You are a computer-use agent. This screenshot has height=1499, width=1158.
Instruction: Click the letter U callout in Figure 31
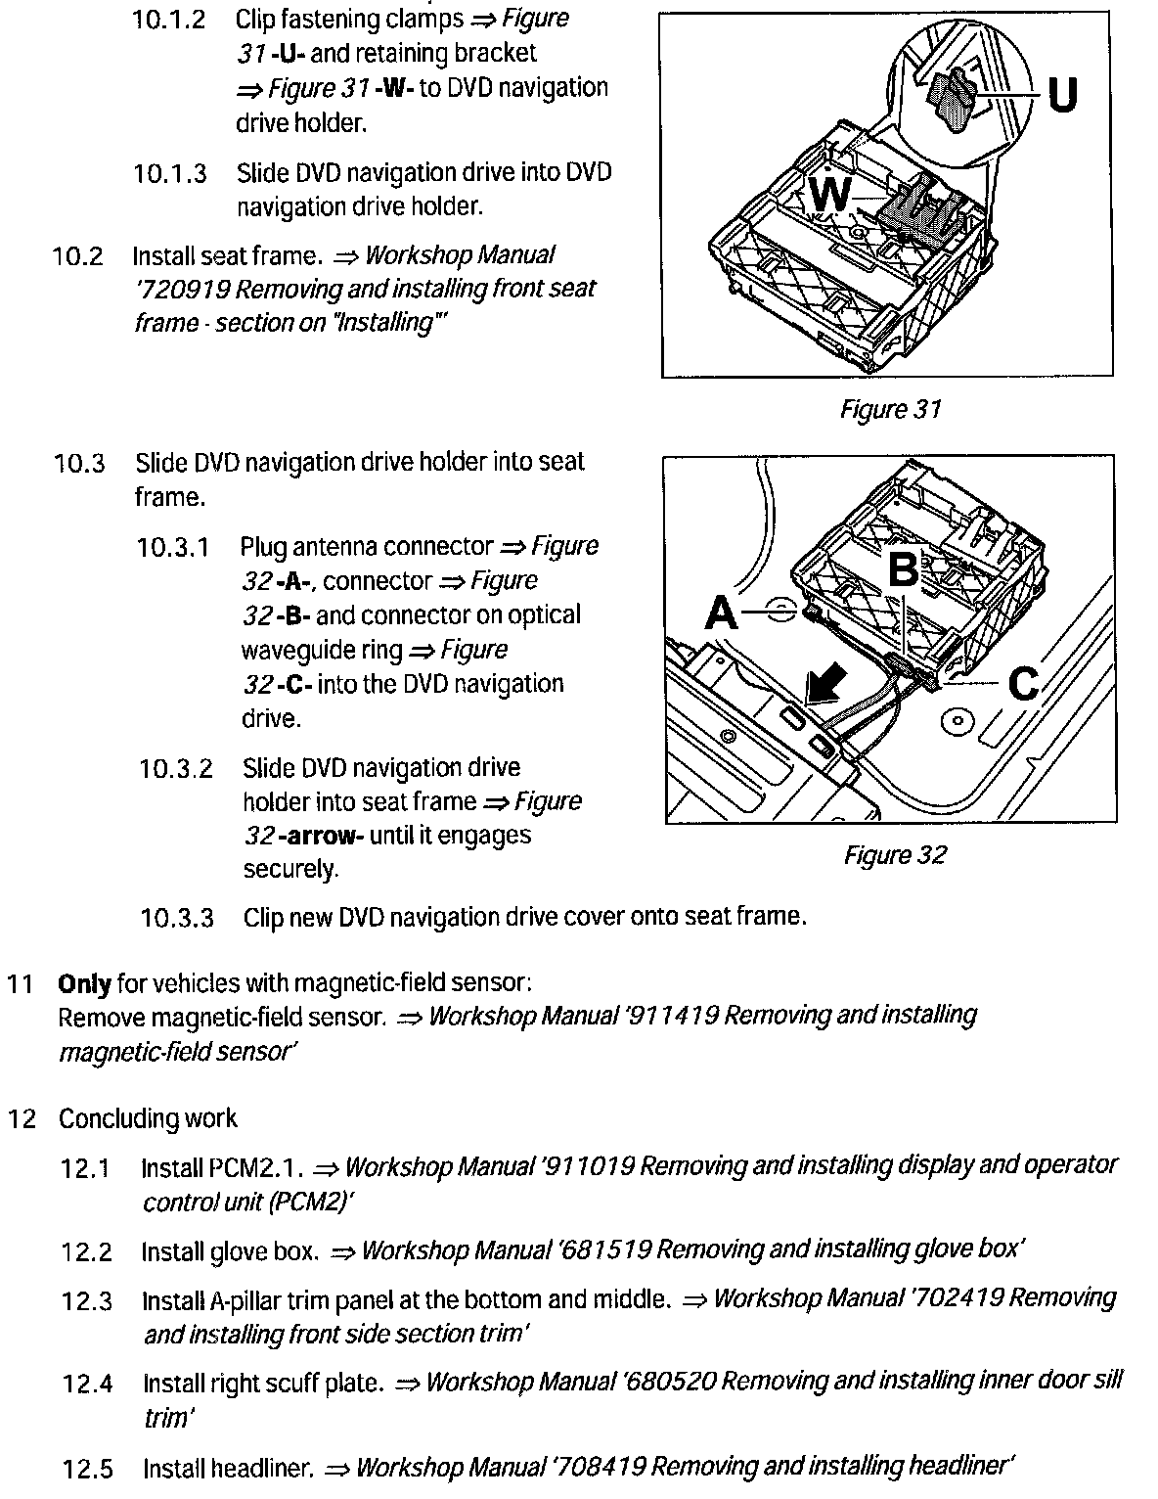click(x=1062, y=96)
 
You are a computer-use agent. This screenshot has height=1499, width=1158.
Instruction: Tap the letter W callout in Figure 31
click(x=829, y=196)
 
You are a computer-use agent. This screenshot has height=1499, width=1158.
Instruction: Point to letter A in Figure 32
click(x=721, y=613)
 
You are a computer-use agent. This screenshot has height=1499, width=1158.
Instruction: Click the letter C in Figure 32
click(x=1023, y=684)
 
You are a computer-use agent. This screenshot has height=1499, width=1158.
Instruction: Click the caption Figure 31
click(x=890, y=409)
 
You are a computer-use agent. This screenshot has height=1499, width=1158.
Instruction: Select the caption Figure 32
click(x=895, y=855)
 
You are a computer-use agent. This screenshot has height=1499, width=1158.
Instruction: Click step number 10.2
click(x=77, y=256)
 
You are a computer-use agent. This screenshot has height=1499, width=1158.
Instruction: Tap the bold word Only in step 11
click(x=84, y=982)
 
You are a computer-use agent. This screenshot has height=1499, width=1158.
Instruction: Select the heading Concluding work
click(x=148, y=1118)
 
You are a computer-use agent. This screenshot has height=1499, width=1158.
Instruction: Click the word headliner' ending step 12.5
click(x=962, y=1466)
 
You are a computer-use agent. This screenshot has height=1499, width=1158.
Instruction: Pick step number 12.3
click(x=87, y=1301)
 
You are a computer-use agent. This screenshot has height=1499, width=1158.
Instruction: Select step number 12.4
click(x=87, y=1384)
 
